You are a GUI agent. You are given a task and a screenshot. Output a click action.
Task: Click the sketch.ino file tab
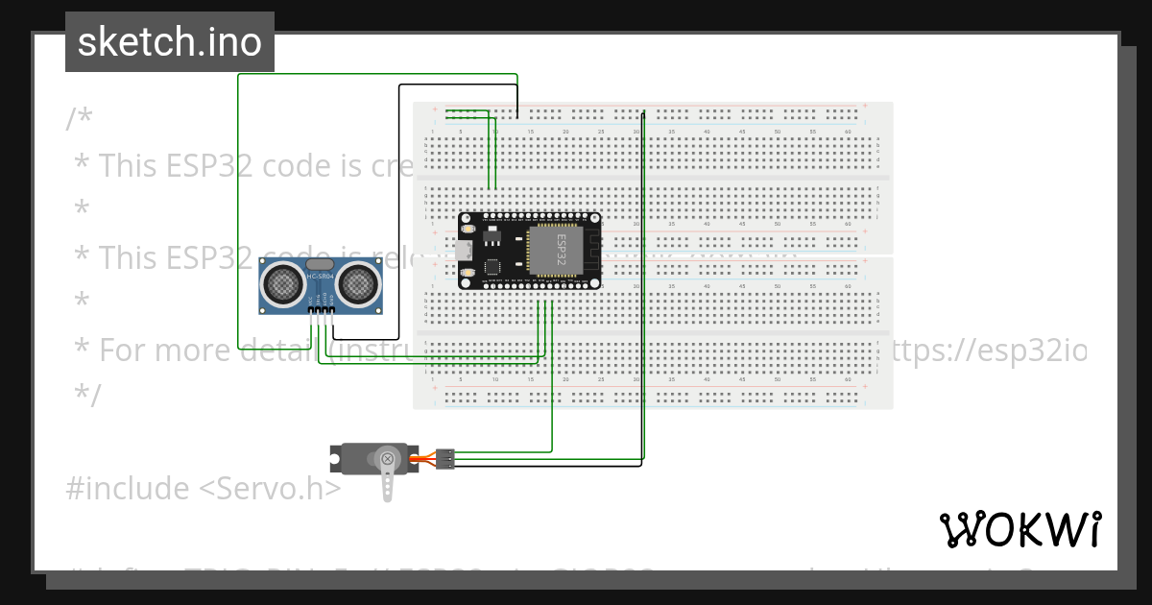[x=170, y=42]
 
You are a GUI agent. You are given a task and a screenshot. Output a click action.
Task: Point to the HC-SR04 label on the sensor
[x=320, y=278]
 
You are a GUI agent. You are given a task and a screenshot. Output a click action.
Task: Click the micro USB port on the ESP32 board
[x=465, y=251]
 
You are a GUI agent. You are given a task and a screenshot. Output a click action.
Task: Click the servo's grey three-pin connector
[x=445, y=459]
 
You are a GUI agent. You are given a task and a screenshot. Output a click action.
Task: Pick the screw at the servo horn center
[x=387, y=459]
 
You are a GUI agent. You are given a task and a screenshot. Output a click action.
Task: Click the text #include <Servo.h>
[x=204, y=489]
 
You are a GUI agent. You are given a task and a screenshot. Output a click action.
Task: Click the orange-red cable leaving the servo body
[x=423, y=459]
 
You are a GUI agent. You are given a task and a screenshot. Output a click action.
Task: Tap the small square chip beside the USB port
[x=492, y=267]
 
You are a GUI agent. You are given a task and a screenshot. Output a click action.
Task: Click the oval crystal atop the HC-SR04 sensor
[x=320, y=264]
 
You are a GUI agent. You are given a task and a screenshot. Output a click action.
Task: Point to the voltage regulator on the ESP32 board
[x=493, y=235]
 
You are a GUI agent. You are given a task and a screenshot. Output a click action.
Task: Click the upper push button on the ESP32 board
[x=468, y=229]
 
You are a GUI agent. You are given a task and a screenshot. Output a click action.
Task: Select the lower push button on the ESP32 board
[x=468, y=274]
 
